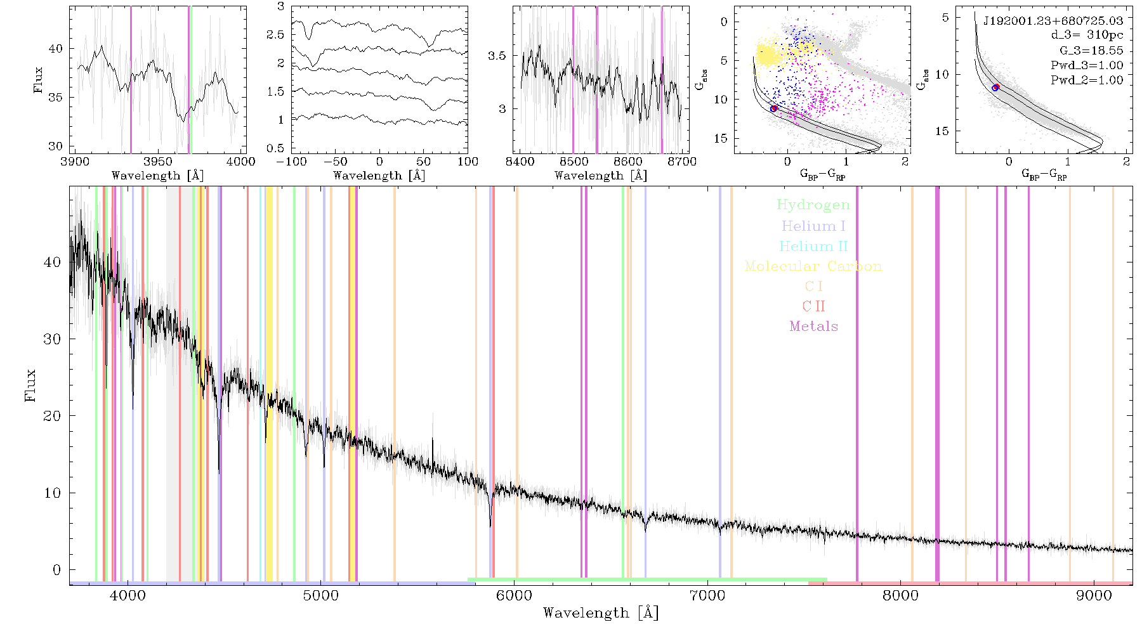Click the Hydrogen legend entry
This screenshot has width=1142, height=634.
click(x=813, y=205)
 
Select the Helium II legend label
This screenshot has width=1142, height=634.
click(x=813, y=246)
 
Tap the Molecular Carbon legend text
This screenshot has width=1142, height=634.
click(x=813, y=266)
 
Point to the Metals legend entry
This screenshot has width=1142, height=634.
click(x=813, y=327)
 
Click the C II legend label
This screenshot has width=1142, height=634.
click(x=813, y=306)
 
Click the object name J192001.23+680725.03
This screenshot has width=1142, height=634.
click(x=1053, y=20)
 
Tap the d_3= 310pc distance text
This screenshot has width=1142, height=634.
click(x=1087, y=35)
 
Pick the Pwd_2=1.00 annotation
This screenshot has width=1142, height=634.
click(x=1087, y=80)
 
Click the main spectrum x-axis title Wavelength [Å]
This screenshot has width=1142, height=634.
click(x=601, y=613)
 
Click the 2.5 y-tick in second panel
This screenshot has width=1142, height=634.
click(x=275, y=34)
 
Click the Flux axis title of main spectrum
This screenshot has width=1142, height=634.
click(x=30, y=385)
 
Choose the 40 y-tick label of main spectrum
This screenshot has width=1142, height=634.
click(x=53, y=262)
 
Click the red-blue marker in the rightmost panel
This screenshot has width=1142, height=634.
click(x=995, y=87)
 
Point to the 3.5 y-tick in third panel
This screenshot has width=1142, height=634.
click(x=497, y=56)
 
